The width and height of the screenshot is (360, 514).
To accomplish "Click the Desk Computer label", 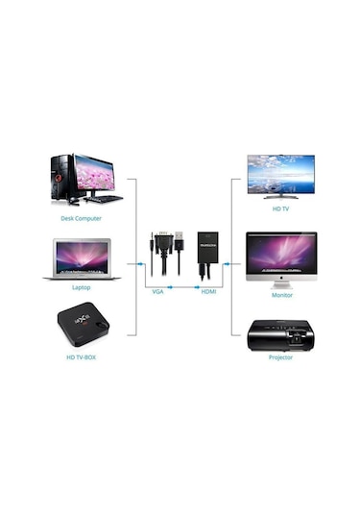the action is pyautogui.click(x=82, y=218).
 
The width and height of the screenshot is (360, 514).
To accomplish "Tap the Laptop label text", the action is pyautogui.click(x=82, y=287).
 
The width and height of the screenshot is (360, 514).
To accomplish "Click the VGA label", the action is pyautogui.click(x=158, y=291).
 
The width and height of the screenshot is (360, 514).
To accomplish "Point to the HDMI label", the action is pyautogui.click(x=208, y=291).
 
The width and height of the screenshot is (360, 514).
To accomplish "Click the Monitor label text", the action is pyautogui.click(x=280, y=295).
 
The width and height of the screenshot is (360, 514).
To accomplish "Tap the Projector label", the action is pyautogui.click(x=280, y=356).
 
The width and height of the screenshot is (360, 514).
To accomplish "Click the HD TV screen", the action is pyautogui.click(x=280, y=174).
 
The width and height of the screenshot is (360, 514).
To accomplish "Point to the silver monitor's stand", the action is pyautogui.click(x=280, y=281).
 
